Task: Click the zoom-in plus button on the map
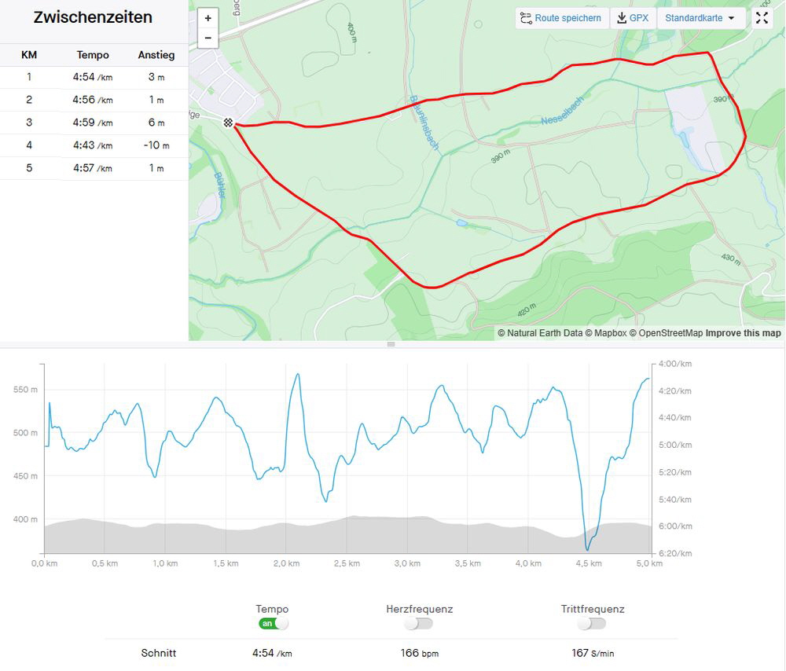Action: tap(208, 18)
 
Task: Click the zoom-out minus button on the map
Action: tap(208, 38)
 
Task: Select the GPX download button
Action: tap(633, 18)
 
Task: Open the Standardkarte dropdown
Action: tap(700, 18)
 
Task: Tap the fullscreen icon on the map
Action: tap(762, 18)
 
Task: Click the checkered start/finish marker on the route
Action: tap(228, 123)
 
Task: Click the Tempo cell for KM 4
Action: tap(93, 145)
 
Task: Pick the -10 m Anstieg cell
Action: tap(156, 145)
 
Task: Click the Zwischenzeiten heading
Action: tap(93, 18)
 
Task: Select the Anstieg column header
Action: tap(156, 55)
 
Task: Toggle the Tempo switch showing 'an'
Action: tap(273, 623)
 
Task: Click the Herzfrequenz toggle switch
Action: tap(419, 623)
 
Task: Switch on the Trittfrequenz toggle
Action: tap(593, 623)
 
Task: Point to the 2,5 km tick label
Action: tap(346, 563)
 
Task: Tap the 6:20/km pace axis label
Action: tap(675, 553)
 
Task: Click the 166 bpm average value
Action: tap(419, 653)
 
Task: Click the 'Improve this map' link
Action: tap(743, 333)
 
